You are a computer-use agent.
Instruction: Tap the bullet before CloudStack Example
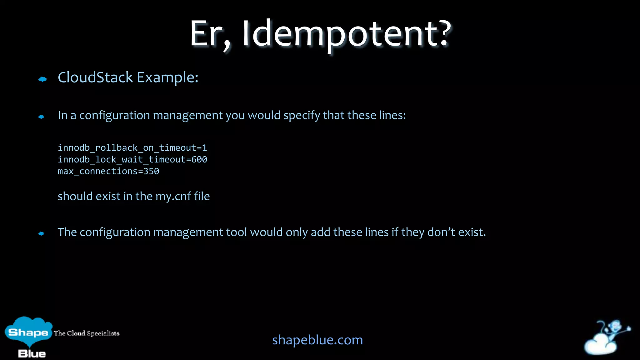42,79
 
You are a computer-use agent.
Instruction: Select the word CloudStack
95,77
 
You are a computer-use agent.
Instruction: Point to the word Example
167,77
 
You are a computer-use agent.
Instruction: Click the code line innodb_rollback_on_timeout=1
132,148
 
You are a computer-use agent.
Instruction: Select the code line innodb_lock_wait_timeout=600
132,160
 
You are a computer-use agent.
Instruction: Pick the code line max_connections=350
108,171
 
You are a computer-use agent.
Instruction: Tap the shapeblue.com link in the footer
317,340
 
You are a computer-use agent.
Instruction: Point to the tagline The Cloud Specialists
87,333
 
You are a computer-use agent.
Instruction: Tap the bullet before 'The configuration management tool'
41,233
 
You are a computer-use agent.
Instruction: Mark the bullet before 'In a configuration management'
41,117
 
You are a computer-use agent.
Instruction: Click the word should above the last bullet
75,196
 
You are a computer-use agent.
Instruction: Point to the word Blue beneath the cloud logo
32,354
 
